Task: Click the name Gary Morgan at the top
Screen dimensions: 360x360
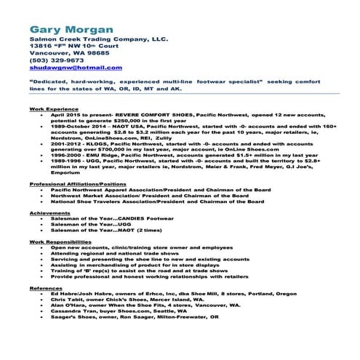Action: coord(71,30)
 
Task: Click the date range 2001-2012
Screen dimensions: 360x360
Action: coord(64,143)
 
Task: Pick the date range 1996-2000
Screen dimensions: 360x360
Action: coord(64,155)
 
